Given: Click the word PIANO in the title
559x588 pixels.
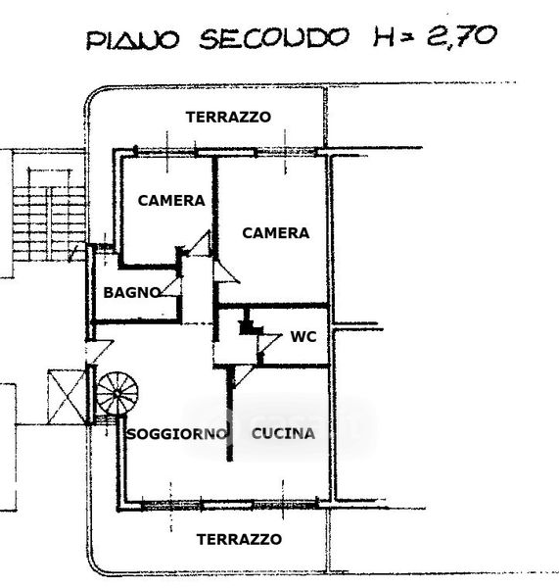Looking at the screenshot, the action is coord(132,40).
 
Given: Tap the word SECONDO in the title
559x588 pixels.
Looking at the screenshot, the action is coord(274,38).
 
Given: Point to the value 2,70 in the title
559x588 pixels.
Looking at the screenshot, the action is coord(462,36).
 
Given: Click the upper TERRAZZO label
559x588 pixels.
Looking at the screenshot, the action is coord(228,117).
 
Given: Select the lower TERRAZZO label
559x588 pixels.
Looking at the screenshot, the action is coord(239,539).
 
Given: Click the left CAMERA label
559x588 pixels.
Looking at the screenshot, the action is coord(171,200).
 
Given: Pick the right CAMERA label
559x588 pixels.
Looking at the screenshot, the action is coord(276,233).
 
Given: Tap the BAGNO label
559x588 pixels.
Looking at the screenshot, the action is coord(132,292).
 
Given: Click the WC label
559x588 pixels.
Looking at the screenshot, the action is coord(303,336).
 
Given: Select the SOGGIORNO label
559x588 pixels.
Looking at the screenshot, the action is coord(177,434).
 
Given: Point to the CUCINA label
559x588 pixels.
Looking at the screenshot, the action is coord(283,433).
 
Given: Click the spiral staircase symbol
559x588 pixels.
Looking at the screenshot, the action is coord(117,394).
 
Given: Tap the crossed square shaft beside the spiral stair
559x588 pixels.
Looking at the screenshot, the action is coord(68,396).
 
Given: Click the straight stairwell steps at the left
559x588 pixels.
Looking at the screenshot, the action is coord(49,223).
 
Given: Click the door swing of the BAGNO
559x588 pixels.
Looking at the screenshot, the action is coord(171,287).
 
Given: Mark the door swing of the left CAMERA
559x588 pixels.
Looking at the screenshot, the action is coord(199,243).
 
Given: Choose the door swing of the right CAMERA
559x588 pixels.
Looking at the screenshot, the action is coord(227,272).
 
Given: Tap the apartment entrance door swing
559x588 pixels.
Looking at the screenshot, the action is coord(100,352).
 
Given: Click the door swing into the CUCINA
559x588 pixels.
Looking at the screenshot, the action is coord(243,376).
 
